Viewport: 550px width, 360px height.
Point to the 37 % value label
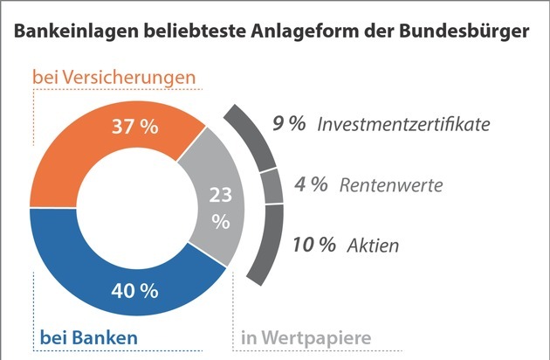135,128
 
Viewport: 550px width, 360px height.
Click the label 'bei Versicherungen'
113,78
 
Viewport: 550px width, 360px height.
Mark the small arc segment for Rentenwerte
272,186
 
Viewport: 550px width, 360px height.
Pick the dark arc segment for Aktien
266,245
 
